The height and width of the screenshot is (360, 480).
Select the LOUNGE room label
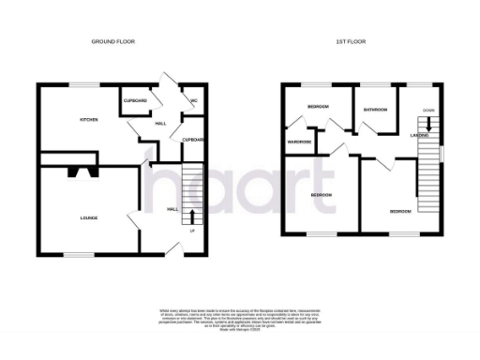[x=89, y=217]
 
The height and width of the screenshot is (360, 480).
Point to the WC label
[x=193, y=100]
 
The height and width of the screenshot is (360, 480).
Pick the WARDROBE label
[x=300, y=142]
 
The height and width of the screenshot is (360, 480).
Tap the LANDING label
[x=420, y=135]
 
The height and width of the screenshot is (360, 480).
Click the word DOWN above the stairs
[x=427, y=110]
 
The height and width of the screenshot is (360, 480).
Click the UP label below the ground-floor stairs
[x=192, y=231]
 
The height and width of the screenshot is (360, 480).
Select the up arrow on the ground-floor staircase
[x=193, y=217]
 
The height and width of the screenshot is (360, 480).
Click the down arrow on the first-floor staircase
[x=429, y=125]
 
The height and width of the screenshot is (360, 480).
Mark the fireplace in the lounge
[x=80, y=172]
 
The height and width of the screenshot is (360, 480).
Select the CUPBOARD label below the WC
[x=194, y=140]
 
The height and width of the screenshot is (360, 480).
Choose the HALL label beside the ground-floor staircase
[x=172, y=209]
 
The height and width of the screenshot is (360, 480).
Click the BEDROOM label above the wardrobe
[x=319, y=107]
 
